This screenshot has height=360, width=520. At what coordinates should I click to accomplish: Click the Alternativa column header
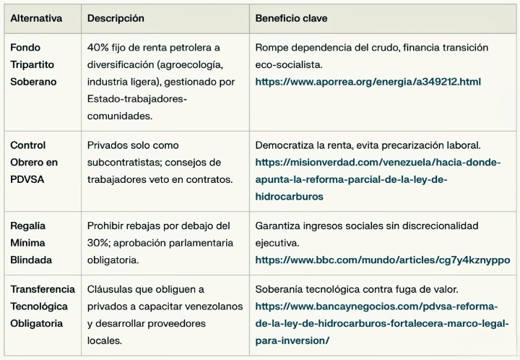[36, 17]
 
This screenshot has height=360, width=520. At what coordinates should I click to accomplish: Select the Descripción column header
[116, 17]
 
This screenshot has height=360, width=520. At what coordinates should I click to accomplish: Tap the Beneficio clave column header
[295, 17]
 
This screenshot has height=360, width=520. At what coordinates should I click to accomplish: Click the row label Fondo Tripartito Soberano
[32, 64]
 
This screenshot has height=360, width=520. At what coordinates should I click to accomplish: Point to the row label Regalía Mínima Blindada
[30, 243]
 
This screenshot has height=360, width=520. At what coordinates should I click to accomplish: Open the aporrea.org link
[368, 82]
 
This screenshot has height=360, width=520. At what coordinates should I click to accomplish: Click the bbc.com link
[382, 260]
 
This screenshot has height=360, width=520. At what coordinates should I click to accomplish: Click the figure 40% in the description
[98, 48]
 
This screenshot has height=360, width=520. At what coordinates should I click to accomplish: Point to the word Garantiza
[280, 226]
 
